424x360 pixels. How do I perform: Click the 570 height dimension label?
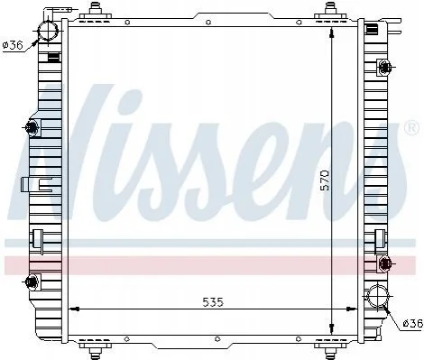325,180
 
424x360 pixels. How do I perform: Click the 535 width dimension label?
213,302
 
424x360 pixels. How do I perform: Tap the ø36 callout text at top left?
12,45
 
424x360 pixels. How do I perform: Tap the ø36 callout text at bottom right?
412,324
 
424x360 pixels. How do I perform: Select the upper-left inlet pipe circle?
48,31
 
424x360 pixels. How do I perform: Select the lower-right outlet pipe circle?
377,295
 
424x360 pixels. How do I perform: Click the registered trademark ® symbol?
411,127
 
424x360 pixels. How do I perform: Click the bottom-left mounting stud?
96,351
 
